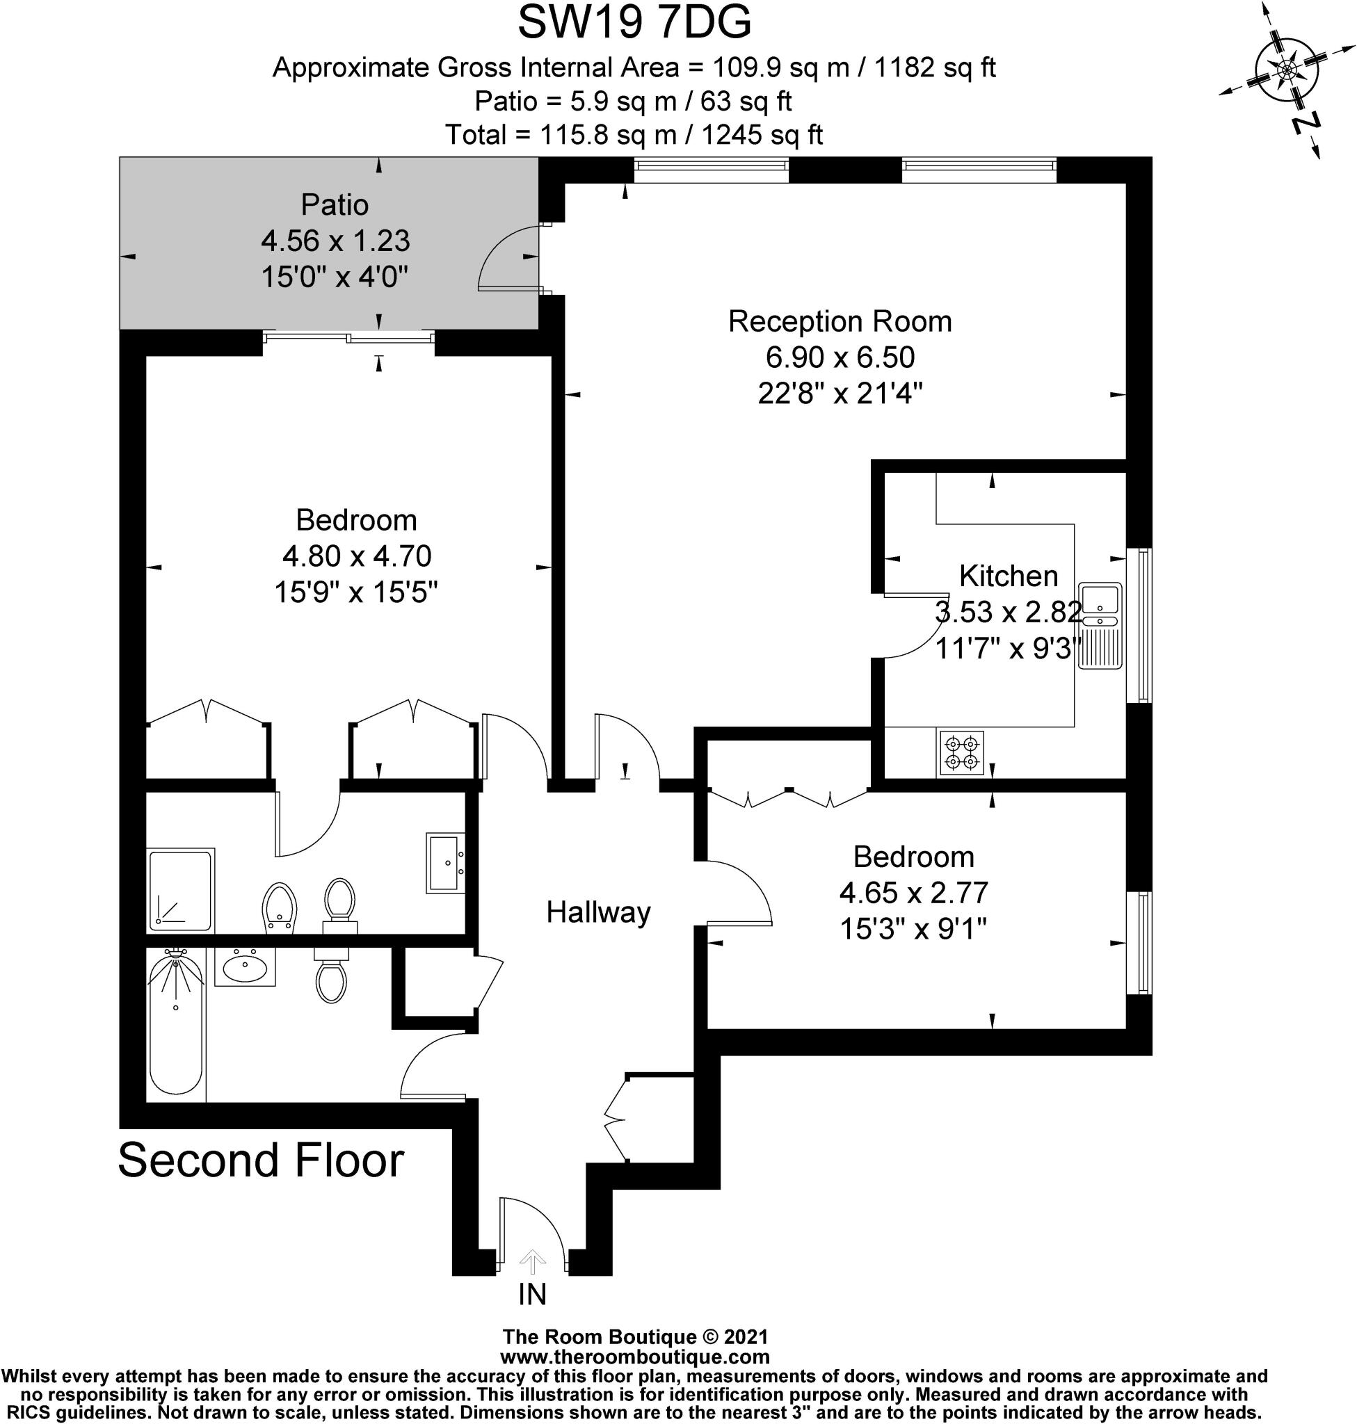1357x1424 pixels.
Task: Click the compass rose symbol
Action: coord(1286,71)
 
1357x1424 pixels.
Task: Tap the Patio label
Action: coord(335,205)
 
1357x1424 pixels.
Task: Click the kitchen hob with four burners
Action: coord(961,753)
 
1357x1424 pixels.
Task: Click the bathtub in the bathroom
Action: coord(175,1026)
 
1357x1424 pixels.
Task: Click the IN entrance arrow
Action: coord(532,1262)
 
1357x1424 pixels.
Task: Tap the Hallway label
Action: coord(598,913)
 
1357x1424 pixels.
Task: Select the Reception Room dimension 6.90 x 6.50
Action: coord(840,357)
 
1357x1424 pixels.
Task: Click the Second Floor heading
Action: coord(260,1161)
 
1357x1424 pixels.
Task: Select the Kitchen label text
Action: coord(1008,576)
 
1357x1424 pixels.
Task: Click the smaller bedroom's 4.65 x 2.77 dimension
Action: coord(913,893)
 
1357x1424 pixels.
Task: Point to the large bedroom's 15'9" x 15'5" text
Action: coord(356,593)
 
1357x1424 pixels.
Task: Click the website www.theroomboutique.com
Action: coord(634,1357)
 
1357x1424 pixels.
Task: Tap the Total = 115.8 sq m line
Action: coord(634,136)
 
